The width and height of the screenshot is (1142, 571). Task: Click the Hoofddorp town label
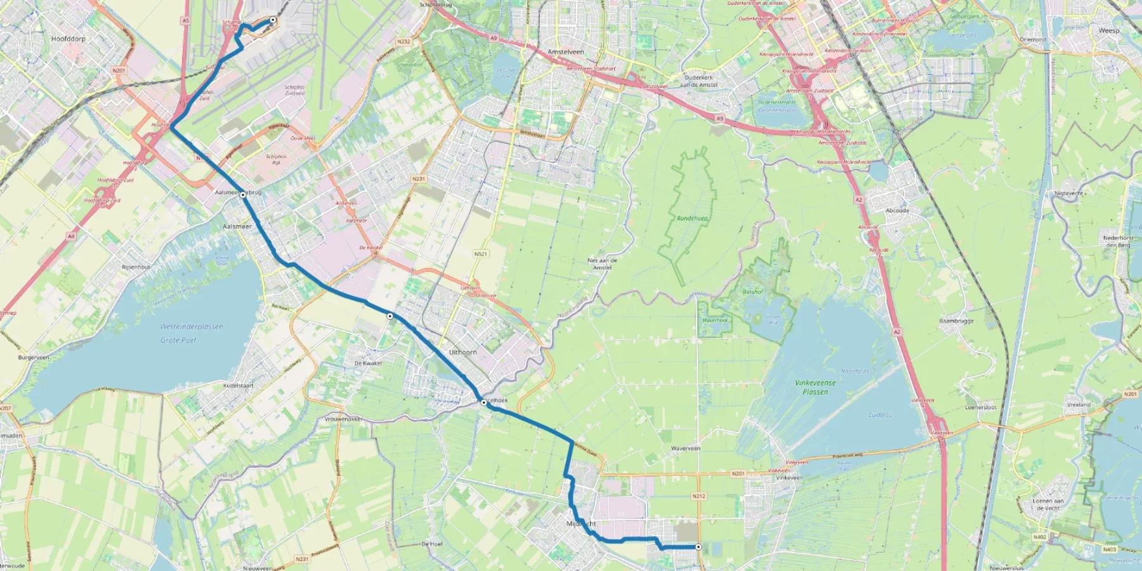tap(68, 39)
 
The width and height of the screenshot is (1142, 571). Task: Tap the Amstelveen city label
tap(565, 52)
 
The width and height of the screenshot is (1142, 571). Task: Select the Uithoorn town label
tap(463, 352)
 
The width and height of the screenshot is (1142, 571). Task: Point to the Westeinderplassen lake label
tap(191, 327)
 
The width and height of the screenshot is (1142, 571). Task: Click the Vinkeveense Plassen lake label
tap(815, 387)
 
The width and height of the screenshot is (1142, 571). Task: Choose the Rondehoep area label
tap(692, 218)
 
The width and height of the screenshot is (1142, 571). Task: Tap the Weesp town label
tap(1109, 30)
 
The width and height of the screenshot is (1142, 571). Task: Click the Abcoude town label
tap(897, 211)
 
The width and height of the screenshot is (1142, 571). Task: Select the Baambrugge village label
tap(956, 321)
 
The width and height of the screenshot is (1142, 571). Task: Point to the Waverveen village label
tap(685, 448)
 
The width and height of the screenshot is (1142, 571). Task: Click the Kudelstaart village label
tap(238, 385)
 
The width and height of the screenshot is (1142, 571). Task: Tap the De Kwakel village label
tap(368, 364)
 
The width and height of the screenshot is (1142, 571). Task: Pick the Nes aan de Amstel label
tap(602, 264)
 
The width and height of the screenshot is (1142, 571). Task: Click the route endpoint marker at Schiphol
tap(273, 20)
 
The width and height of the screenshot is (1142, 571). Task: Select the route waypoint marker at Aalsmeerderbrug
tap(243, 195)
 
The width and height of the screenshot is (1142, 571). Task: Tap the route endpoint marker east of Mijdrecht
tap(699, 547)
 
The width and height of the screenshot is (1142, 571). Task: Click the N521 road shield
tap(481, 254)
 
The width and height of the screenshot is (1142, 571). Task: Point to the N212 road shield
tap(699, 496)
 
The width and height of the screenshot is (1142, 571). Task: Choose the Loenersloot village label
tap(980, 407)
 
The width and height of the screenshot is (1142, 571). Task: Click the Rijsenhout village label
tap(136, 267)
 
